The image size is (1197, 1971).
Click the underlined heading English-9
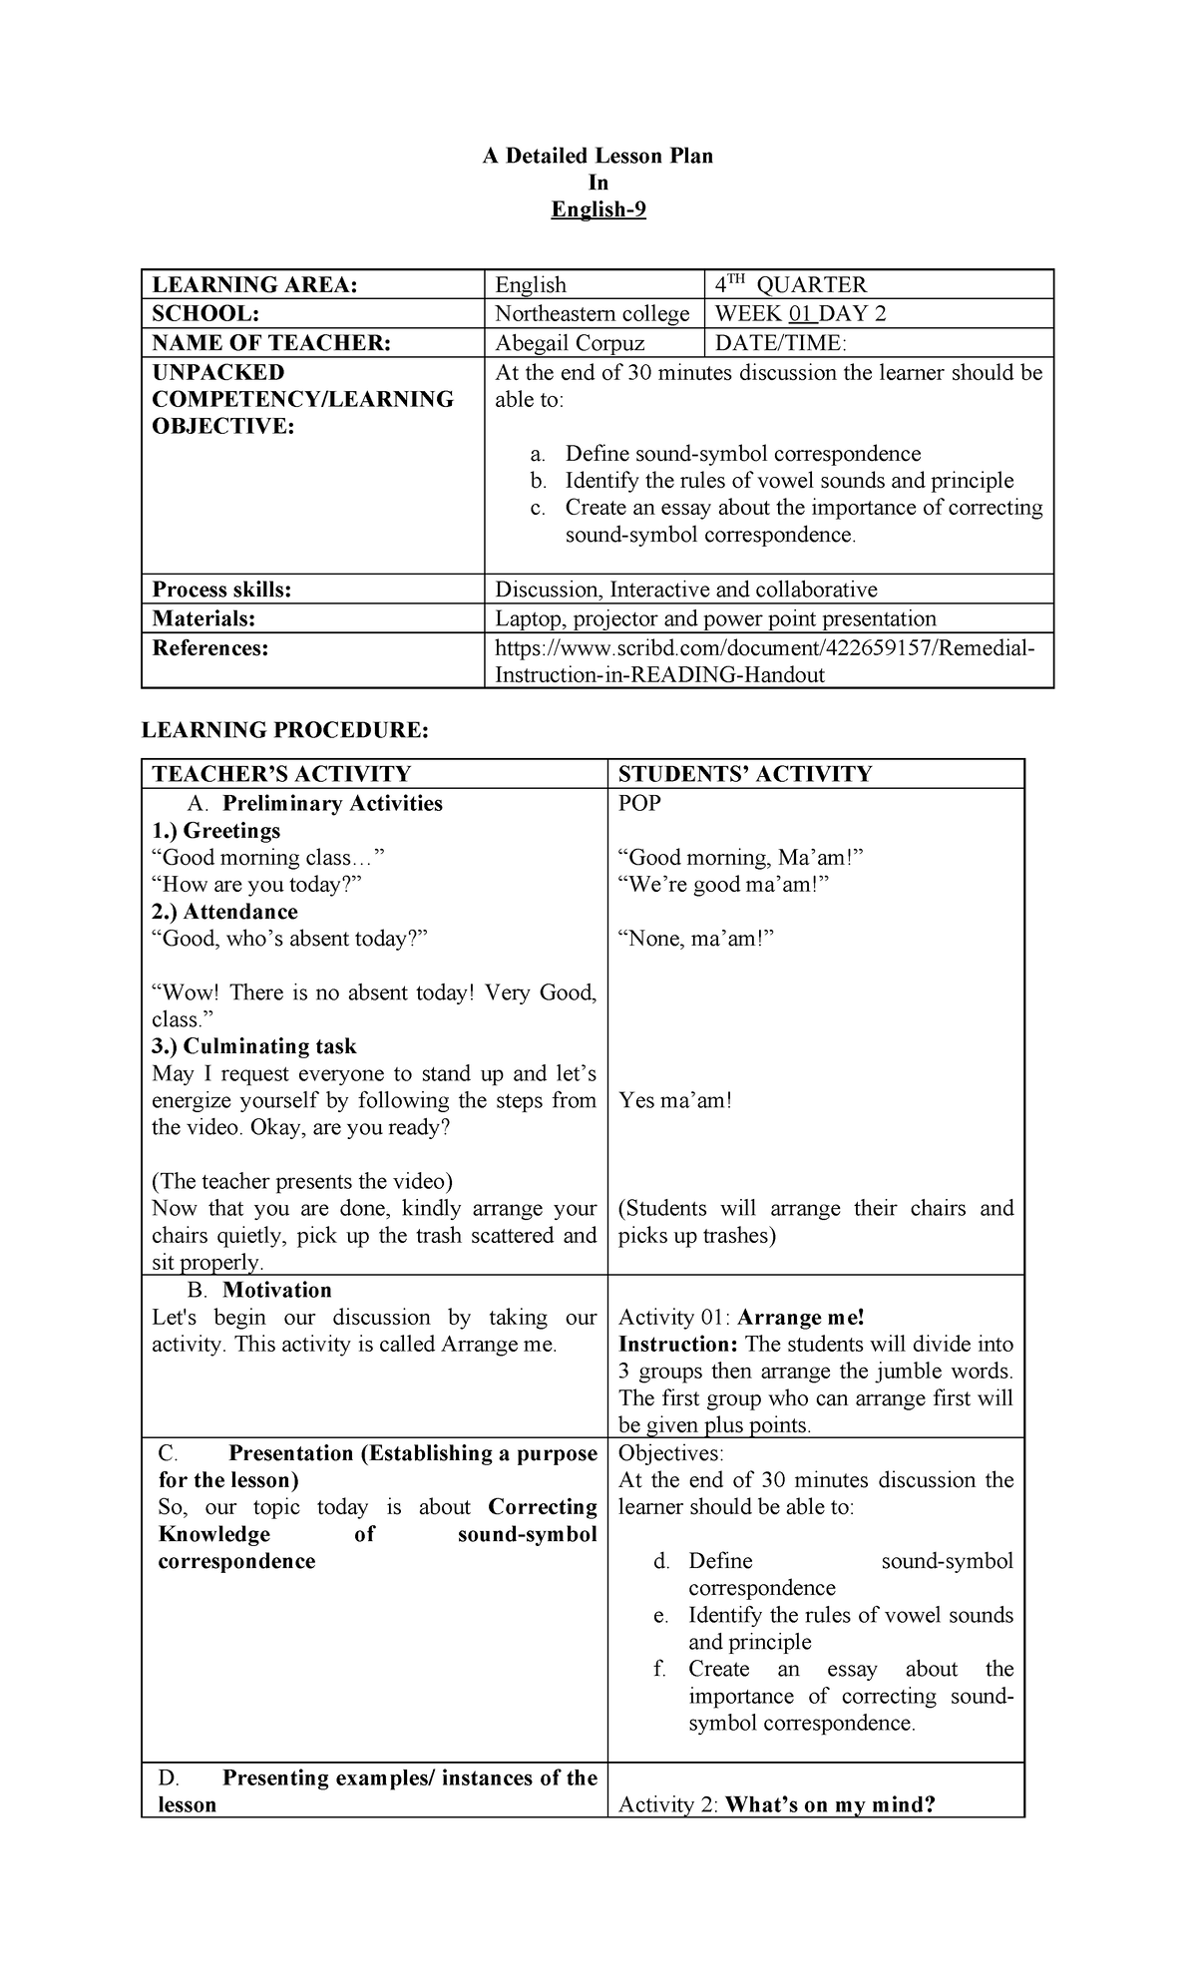pos(598,209)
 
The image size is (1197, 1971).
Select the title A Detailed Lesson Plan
pos(598,156)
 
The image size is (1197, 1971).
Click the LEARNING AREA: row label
pos(254,284)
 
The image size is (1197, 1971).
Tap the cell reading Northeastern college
pos(592,313)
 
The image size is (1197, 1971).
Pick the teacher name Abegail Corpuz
pos(570,342)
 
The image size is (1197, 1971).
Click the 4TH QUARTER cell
pos(791,284)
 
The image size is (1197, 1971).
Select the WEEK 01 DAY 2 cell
pos(800,313)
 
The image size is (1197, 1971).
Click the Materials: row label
pos(203,618)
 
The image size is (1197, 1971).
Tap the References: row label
pos(210,648)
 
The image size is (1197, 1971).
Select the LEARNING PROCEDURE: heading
pos(284,730)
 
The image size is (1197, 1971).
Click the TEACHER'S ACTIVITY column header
pos(281,774)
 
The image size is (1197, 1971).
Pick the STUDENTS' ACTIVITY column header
pos(745,774)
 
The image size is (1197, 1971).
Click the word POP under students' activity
pos(639,803)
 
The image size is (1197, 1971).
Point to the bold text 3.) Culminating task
pos(253,1046)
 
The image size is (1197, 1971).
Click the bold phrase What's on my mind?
pos(830,1803)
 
